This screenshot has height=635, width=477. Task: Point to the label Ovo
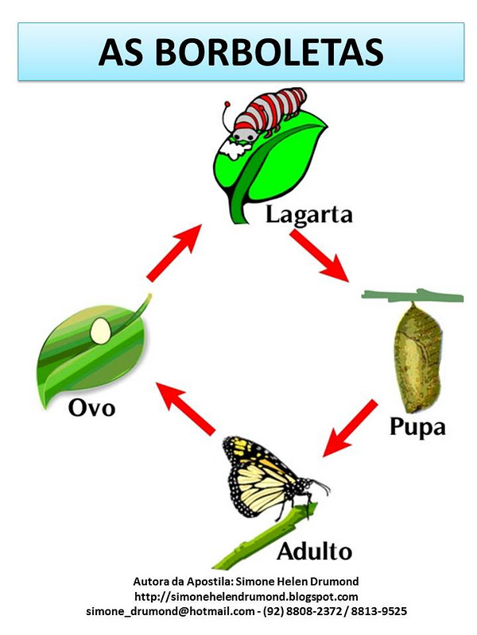click(x=91, y=409)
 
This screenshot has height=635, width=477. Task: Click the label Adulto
click(x=314, y=550)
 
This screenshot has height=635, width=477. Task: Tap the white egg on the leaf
click(x=102, y=330)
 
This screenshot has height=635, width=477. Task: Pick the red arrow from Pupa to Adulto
click(x=350, y=429)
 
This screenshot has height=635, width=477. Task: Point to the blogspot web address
click(x=246, y=596)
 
